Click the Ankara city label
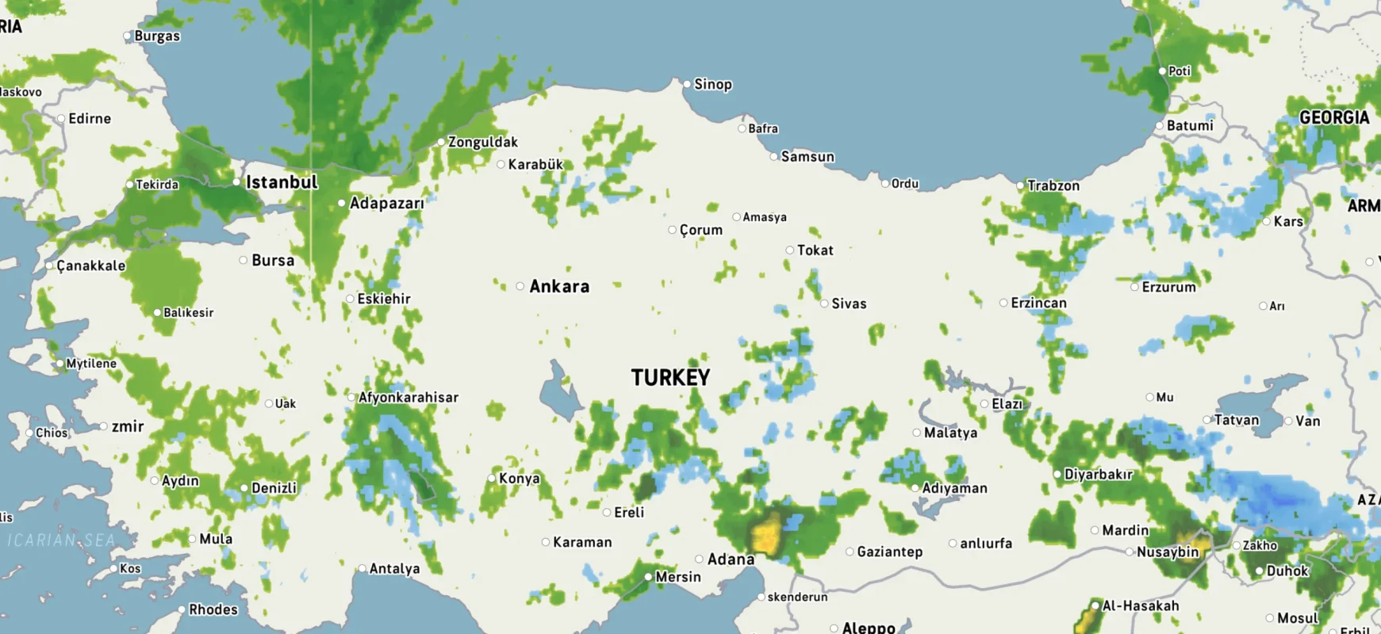click(559, 287)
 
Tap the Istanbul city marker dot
click(236, 182)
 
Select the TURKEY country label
click(670, 377)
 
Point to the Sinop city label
click(712, 84)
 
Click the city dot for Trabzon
click(1020, 185)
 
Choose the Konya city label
click(519, 478)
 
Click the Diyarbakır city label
click(1098, 474)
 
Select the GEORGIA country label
click(1334, 117)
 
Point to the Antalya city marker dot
click(362, 568)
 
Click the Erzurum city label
click(1168, 287)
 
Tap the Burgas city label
click(157, 36)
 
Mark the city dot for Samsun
click(773, 157)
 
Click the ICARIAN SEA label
click(62, 540)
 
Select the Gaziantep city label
click(889, 552)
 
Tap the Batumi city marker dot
click(1159, 125)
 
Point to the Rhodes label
click(213, 609)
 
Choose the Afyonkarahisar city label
click(408, 397)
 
